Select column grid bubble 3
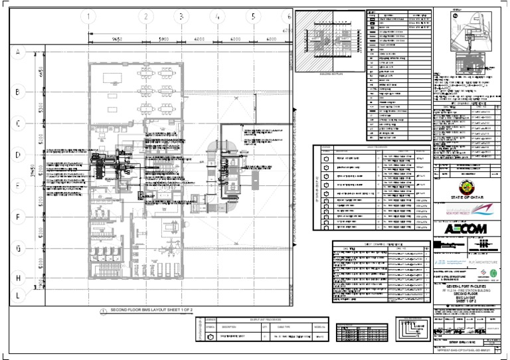[x=181, y=17]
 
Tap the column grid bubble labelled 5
[x=253, y=17]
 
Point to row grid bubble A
[x=19, y=52]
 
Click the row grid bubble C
[x=19, y=123]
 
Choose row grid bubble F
[x=19, y=217]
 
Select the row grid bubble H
[x=19, y=278]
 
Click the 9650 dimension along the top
[x=117, y=39]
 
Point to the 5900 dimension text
[x=163, y=39]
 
